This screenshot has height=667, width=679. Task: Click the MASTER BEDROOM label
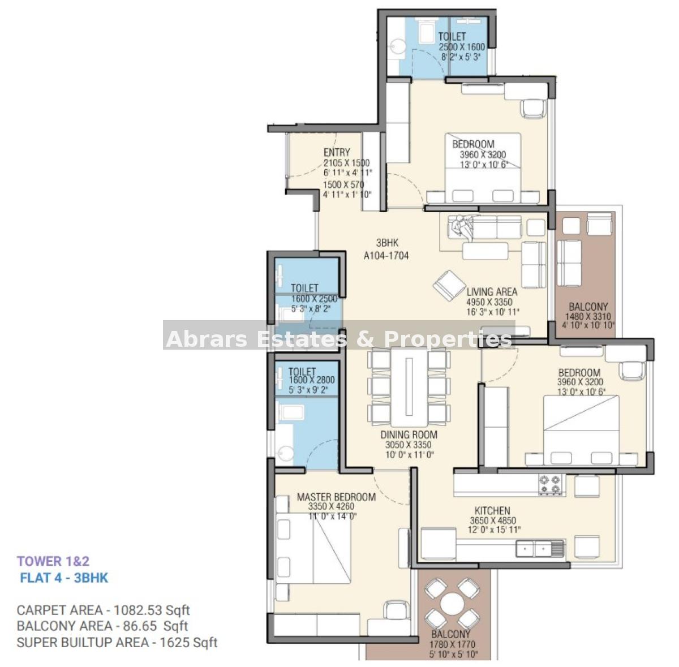(336, 497)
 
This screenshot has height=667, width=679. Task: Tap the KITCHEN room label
(492, 510)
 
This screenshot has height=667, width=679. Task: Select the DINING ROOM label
(409, 435)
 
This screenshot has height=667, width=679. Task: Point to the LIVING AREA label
(492, 292)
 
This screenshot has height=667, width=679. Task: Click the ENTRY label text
(337, 152)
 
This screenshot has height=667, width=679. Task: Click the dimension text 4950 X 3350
(489, 302)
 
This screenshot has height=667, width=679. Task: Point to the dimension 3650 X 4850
(493, 520)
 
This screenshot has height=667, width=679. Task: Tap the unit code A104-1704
(386, 256)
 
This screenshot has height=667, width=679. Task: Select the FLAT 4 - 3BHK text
(64, 578)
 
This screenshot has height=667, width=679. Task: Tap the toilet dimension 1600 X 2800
(311, 380)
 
